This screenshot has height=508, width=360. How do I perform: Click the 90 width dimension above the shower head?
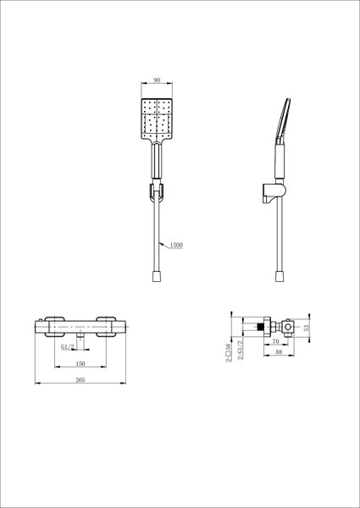click(157, 80)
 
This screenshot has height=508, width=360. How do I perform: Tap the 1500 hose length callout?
click(176, 246)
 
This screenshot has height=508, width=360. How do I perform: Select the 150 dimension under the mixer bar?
click(80, 364)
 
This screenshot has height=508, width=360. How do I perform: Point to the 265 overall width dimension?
click(80, 380)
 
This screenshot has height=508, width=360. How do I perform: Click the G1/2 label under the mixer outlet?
click(68, 346)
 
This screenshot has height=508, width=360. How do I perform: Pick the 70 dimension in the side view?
click(276, 341)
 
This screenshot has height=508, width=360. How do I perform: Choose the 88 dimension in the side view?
click(279, 352)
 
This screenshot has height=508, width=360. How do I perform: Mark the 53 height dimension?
click(307, 328)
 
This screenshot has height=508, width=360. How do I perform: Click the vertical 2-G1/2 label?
click(240, 351)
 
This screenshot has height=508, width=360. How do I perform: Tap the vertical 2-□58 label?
click(229, 352)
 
